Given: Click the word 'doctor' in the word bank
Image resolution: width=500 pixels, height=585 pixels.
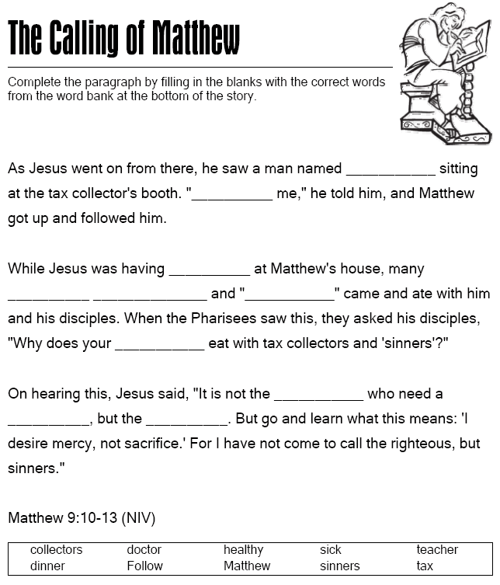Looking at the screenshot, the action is [x=144, y=550].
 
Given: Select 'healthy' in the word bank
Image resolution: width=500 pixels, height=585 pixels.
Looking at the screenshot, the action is [x=243, y=550].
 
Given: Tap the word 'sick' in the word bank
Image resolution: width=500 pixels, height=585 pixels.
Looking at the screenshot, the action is [x=330, y=550].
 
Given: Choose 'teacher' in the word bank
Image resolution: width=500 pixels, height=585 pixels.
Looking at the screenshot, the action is [x=437, y=550].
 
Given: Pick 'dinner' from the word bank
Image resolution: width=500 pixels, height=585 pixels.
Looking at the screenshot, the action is [x=47, y=566].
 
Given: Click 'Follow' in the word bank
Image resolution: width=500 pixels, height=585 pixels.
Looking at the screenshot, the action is [x=144, y=566].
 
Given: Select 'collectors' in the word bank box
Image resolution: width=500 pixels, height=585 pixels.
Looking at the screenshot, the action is [x=56, y=550].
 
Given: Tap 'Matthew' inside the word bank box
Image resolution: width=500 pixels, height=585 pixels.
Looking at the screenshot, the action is [x=247, y=566].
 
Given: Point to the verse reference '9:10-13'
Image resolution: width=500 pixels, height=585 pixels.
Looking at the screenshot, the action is [x=90, y=517].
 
